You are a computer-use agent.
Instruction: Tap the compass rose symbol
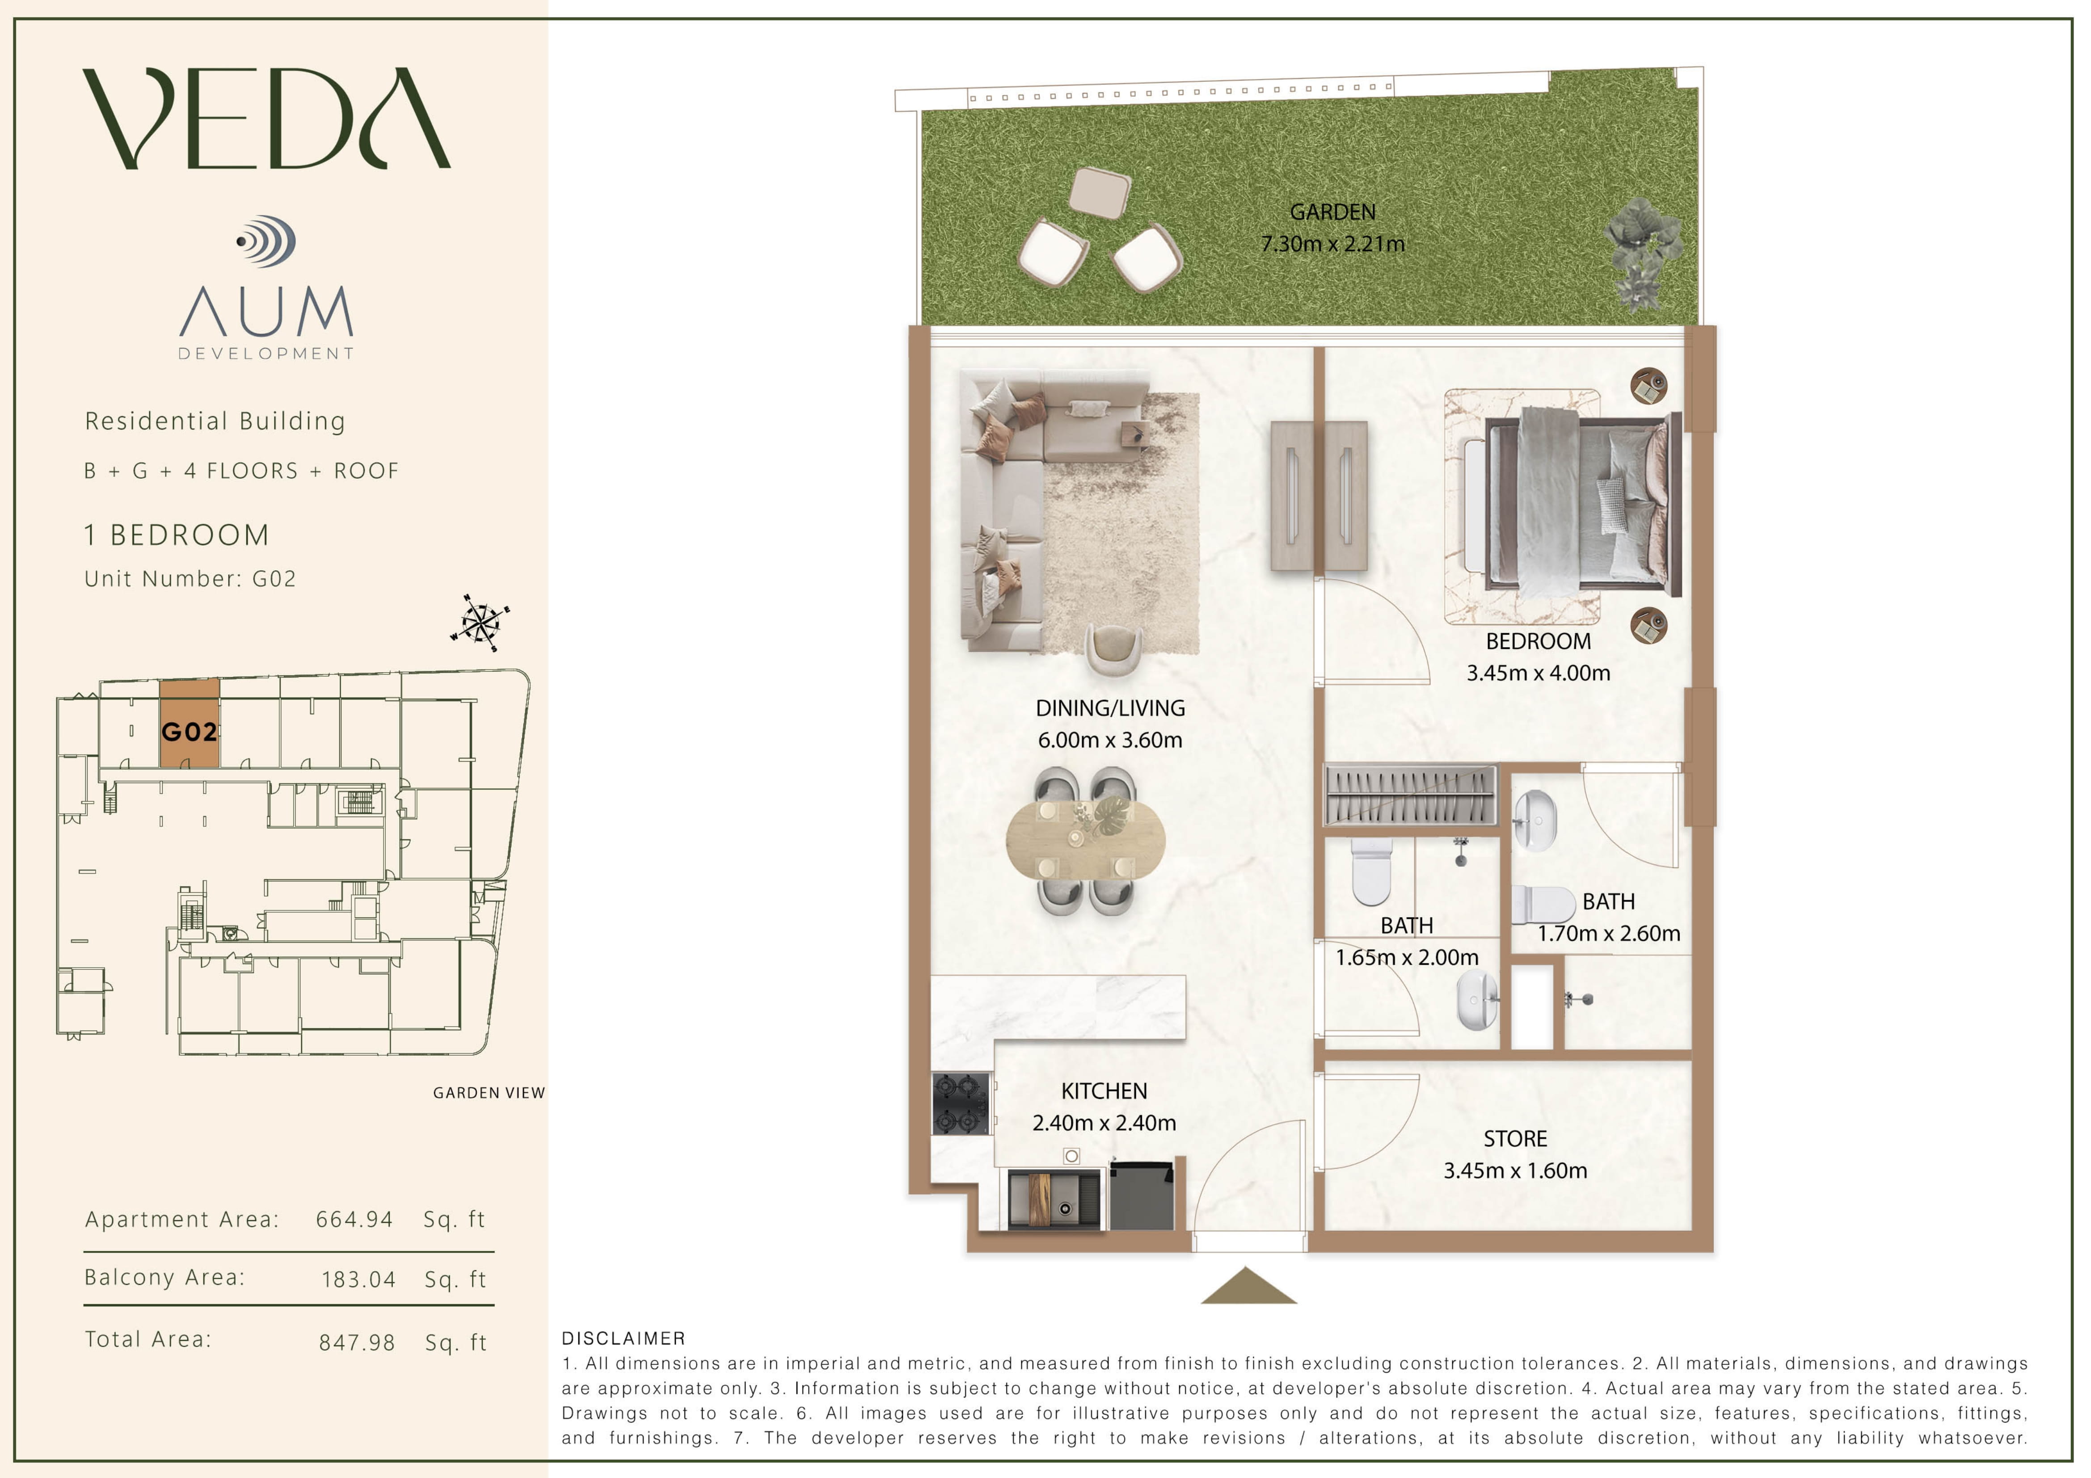(x=480, y=623)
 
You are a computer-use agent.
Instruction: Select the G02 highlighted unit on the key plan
(x=190, y=724)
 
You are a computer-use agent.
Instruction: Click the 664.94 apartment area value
(x=354, y=1219)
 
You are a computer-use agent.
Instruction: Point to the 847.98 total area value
(x=357, y=1342)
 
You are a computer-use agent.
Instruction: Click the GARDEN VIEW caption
(x=489, y=1093)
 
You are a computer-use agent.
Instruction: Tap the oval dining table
(x=1085, y=839)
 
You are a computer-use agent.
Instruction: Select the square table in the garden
(x=1099, y=192)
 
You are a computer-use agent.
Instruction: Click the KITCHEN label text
(x=1104, y=1091)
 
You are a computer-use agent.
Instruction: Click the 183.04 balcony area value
(x=359, y=1280)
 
